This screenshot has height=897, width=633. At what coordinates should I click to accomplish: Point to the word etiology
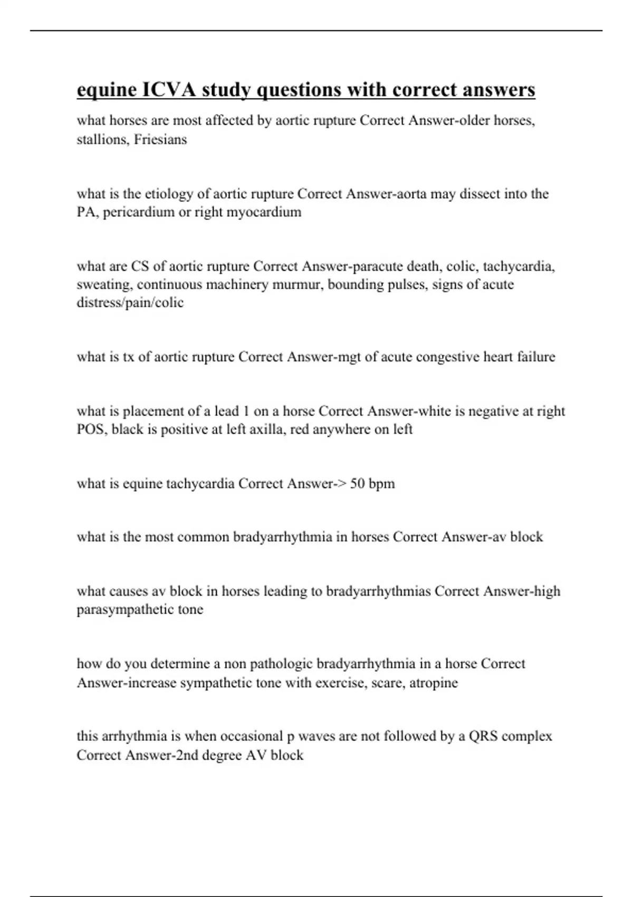click(x=169, y=194)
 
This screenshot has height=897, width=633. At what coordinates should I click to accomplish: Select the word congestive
click(x=447, y=357)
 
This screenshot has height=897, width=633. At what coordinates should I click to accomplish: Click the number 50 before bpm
click(x=357, y=484)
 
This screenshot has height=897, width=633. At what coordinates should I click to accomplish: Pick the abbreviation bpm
click(x=382, y=484)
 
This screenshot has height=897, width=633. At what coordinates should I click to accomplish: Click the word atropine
click(x=434, y=683)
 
